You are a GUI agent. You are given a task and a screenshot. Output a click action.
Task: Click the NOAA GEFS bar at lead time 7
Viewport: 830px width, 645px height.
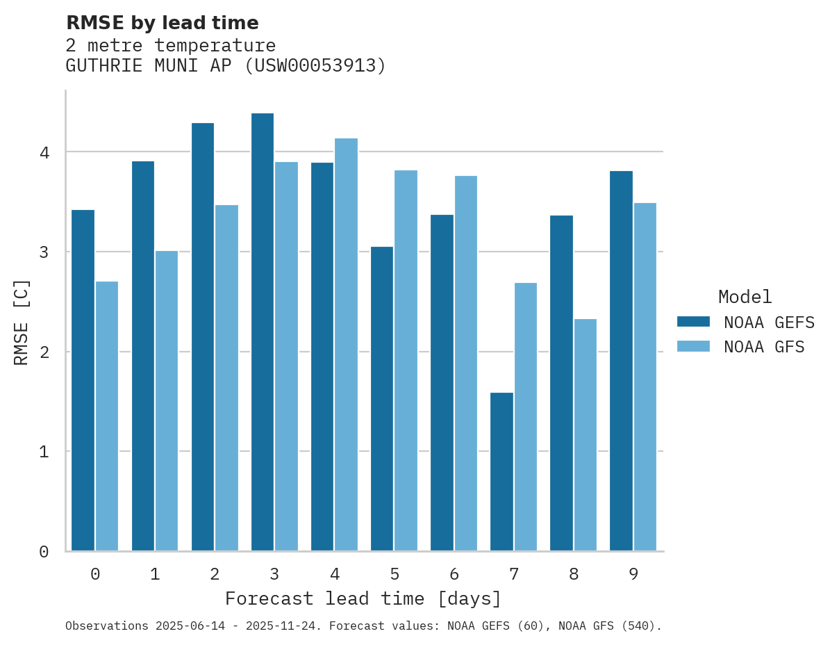501,472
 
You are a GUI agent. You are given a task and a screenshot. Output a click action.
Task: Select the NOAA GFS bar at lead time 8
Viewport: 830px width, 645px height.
585,435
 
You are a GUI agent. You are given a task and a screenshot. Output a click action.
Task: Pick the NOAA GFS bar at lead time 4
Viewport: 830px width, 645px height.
346,345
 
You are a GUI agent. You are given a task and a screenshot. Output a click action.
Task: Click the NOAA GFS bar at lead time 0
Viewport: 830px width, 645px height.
107,416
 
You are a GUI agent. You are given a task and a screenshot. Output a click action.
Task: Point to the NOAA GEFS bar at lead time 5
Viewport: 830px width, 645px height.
382,399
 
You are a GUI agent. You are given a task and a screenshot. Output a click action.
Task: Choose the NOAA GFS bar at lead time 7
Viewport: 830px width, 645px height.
525,417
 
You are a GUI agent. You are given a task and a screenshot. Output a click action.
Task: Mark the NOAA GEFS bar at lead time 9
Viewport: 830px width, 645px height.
621,361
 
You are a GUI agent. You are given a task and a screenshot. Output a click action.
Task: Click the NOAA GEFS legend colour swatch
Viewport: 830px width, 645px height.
693,322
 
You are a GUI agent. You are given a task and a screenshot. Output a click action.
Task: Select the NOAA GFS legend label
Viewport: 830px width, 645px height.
764,347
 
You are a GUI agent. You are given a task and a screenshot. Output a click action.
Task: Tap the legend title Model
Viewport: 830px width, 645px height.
745,297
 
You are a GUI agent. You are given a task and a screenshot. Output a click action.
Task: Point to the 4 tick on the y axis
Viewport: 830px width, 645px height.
44,152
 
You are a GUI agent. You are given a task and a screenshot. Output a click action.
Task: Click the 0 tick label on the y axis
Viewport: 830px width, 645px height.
44,552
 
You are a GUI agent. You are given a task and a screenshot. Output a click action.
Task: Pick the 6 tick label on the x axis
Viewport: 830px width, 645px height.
454,574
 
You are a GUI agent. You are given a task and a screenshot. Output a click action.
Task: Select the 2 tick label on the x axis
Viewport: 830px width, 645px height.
215,574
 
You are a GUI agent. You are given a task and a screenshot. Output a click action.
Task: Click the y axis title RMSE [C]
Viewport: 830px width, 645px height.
22,322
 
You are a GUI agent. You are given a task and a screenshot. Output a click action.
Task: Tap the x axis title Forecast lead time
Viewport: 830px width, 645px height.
363,598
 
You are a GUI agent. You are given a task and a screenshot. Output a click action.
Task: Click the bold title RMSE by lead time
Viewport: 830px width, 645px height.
162,23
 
